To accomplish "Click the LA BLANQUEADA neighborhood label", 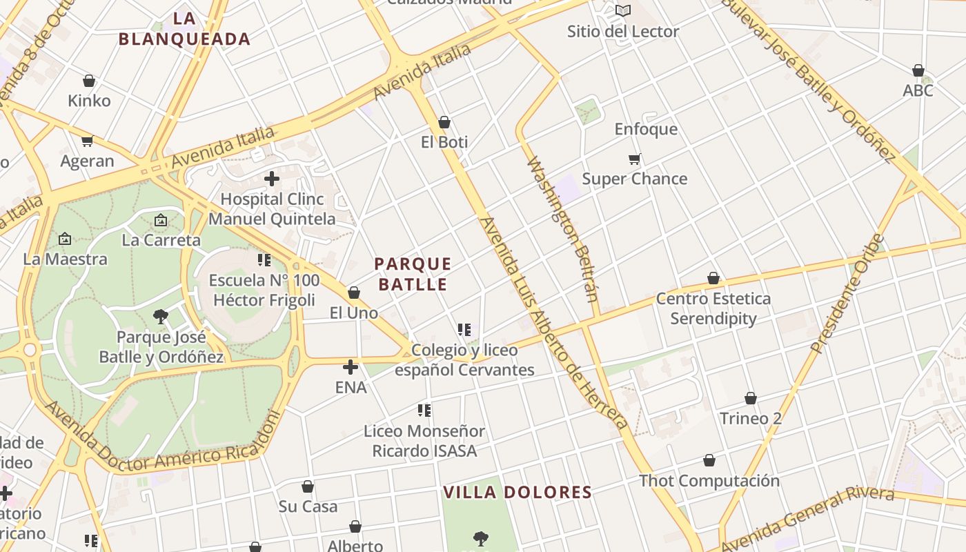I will (184, 29).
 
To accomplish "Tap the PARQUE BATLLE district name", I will (413, 274).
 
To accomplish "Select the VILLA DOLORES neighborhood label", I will (517, 492).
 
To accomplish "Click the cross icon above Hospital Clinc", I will (272, 179).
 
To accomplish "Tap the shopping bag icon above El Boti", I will (444, 122).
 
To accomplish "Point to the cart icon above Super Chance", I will (635, 159).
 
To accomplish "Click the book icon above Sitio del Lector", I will (623, 10).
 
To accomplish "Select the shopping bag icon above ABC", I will (918, 70).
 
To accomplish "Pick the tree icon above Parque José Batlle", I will (161, 317).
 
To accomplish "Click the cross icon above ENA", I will (351, 367).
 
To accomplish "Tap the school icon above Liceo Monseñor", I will (424, 411).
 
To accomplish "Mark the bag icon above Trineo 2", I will (751, 398).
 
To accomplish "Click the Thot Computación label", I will (709, 480).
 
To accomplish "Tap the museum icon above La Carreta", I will (161, 220).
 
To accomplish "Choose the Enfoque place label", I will (646, 129).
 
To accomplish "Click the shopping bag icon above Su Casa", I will (308, 486).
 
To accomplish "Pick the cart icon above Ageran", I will (87, 141).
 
